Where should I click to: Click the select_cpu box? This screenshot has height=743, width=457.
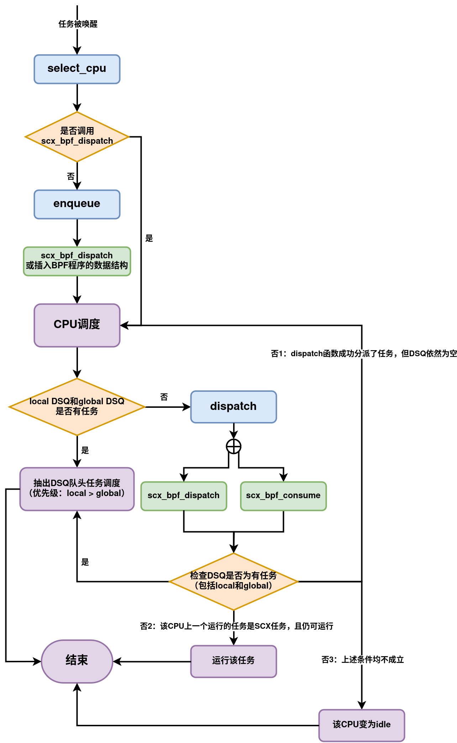(77, 69)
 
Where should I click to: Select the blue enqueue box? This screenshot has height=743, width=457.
(77, 204)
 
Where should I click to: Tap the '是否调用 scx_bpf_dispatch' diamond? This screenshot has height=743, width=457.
(77, 137)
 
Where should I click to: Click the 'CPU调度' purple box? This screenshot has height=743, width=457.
(77, 325)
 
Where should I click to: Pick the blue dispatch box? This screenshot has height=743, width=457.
(233, 407)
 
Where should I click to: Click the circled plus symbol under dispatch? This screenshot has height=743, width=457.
(233, 446)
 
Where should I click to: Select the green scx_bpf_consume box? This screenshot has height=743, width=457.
(283, 496)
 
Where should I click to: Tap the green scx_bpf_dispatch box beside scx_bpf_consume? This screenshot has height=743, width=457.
(184, 496)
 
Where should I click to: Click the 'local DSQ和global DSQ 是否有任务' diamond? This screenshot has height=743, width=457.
(77, 407)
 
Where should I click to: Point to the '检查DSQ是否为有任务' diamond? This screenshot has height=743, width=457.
(233, 581)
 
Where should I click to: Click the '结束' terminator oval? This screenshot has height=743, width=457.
(77, 661)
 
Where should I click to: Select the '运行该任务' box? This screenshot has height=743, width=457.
(233, 661)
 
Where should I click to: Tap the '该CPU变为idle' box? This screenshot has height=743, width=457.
(362, 725)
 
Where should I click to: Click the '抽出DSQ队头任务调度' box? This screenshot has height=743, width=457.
(77, 489)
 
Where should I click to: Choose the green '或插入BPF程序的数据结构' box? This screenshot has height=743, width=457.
(77, 261)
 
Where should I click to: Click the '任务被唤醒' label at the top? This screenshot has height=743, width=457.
(78, 24)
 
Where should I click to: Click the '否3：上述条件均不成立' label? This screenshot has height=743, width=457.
(362, 659)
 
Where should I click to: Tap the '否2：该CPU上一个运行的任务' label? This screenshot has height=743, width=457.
(236, 626)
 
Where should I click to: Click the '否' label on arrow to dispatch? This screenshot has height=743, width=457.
(164, 397)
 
